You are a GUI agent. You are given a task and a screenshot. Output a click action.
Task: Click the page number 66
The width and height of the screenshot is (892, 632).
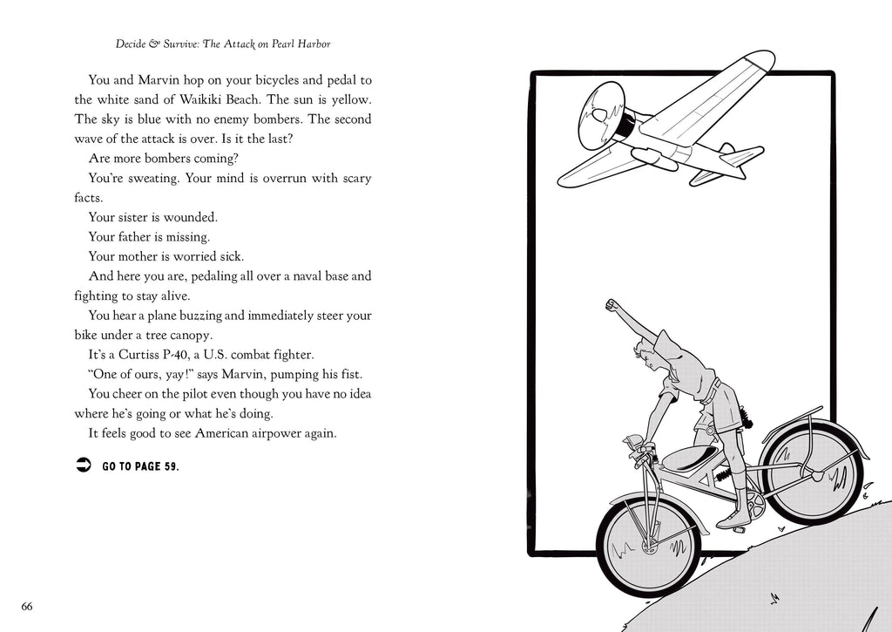pos(27,607)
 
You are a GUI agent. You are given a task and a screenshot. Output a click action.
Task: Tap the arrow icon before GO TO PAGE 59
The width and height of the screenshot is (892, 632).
pos(83,466)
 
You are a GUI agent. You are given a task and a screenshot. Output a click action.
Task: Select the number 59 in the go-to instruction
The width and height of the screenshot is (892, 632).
pos(169,466)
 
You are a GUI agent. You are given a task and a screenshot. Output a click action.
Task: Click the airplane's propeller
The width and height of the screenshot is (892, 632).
pos(602,112)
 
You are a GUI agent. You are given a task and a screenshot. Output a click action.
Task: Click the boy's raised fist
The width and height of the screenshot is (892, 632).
pos(612,305)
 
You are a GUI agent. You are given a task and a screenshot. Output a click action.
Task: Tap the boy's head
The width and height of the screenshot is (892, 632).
pos(648,354)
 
